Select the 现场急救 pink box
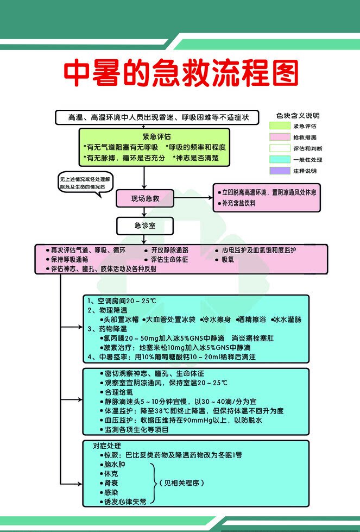pos(145,199)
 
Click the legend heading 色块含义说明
pos(298,116)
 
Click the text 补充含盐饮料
pos(239,203)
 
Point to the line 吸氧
pos(228,259)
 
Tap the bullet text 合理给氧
pos(118,391)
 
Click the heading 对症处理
pos(103,446)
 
